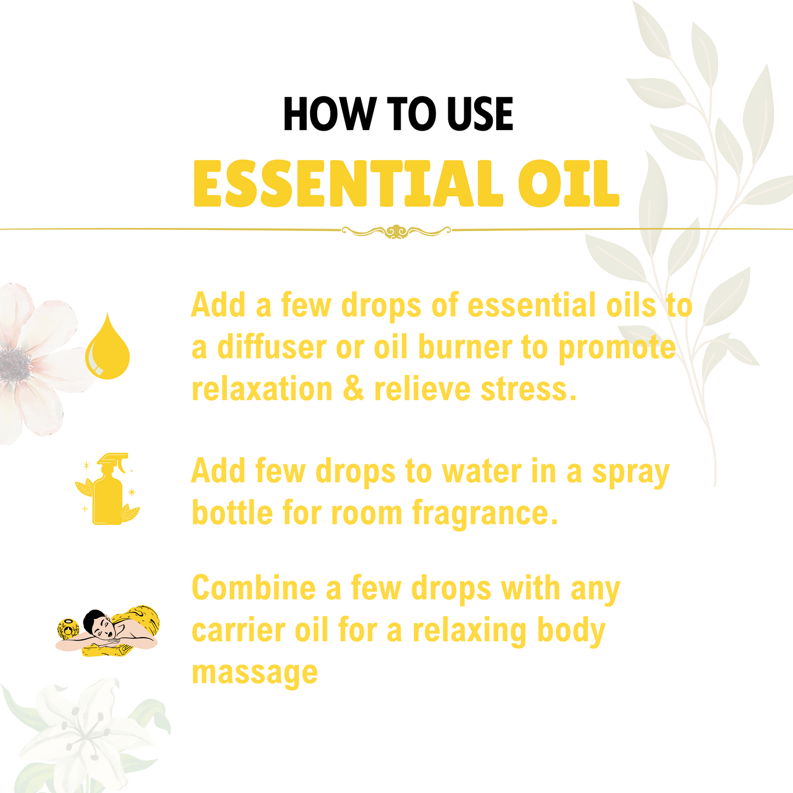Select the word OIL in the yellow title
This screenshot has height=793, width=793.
(569, 183)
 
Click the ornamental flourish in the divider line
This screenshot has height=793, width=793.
(396, 231)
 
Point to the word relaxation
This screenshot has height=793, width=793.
(262, 389)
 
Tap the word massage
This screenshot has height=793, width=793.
(255, 673)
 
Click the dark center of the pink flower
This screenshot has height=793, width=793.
(15, 363)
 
